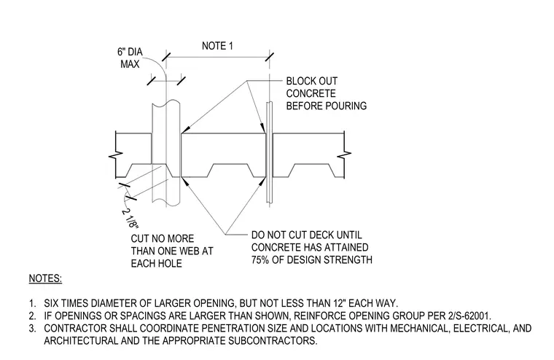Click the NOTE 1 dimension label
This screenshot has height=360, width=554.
pyautogui.click(x=217, y=46)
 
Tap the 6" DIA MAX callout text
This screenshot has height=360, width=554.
pyautogui.click(x=130, y=58)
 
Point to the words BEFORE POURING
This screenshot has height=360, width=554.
pyautogui.click(x=327, y=106)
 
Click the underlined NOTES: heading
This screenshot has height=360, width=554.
pyautogui.click(x=45, y=278)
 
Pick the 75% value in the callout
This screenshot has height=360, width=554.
pyautogui.click(x=260, y=260)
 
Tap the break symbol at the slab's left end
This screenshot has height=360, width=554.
pyautogui.click(x=116, y=154)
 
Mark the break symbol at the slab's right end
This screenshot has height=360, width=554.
pyautogui.click(x=344, y=154)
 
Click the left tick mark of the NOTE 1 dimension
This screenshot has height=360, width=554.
pyautogui.click(x=166, y=57)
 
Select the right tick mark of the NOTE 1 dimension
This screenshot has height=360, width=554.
pyautogui.click(x=269, y=57)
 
